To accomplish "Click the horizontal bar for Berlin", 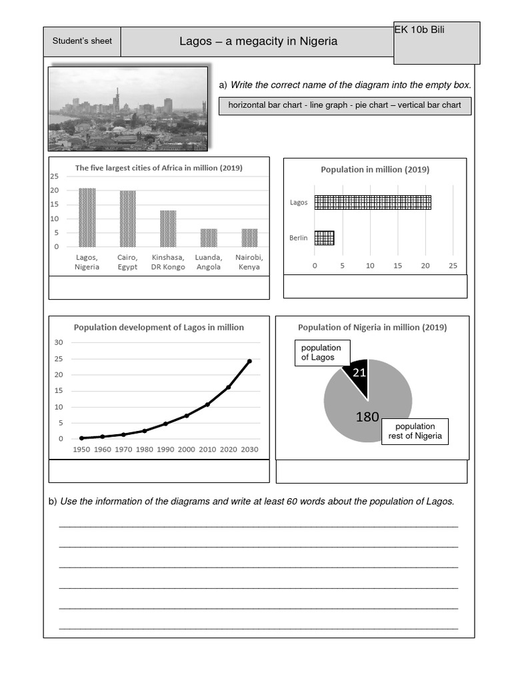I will point(324,238).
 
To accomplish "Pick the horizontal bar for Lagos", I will point(373,202).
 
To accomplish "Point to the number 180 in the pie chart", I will point(367,417).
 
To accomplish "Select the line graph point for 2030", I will point(249,361).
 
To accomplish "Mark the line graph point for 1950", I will point(81,438).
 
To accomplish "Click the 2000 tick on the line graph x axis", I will point(187,450).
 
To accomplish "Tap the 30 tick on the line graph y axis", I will point(58,342).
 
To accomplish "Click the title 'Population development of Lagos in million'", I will point(159,327).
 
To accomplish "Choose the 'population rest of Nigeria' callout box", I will point(415,432).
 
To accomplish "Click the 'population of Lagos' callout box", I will point(321,352).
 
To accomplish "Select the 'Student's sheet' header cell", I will point(82,41).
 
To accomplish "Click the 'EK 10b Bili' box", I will point(436,43).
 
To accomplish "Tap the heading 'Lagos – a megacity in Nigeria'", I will point(258,41).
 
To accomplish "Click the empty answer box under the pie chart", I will point(371,472).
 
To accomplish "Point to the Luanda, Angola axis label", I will point(208,262).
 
